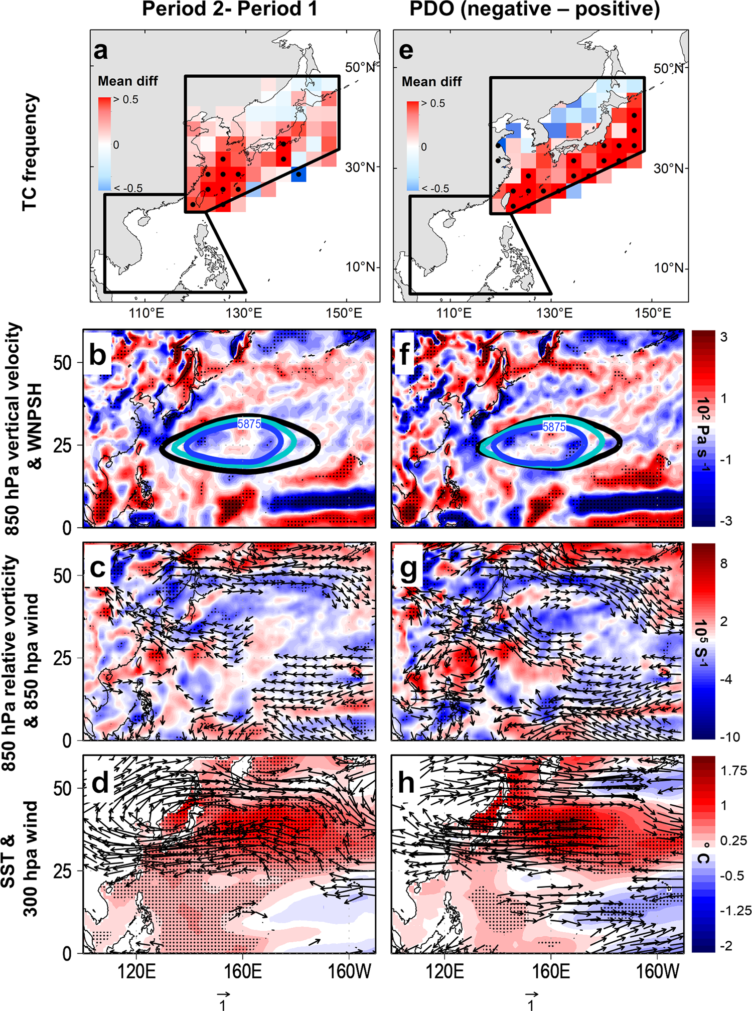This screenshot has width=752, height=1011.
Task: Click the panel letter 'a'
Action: (101, 50)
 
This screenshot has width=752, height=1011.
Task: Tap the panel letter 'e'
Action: (406, 50)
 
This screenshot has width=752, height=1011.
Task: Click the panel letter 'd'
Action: (100, 782)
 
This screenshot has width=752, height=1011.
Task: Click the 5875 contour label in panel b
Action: (249, 424)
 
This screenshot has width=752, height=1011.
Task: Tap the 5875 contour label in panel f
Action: (554, 427)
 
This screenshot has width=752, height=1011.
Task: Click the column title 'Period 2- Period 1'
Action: (230, 9)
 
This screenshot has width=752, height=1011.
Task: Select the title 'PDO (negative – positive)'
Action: (535, 9)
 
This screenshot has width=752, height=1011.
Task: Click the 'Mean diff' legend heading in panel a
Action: (128, 81)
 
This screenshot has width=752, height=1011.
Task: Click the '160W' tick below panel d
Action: (349, 971)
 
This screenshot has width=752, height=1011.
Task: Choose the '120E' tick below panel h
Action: (444, 971)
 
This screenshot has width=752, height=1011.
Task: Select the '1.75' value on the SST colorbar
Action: (733, 771)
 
